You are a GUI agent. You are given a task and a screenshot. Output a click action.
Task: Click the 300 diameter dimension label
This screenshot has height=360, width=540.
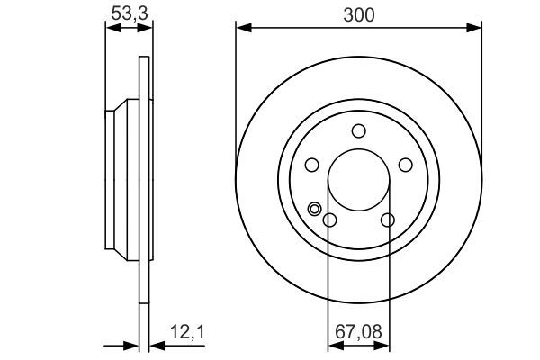pos(358,14)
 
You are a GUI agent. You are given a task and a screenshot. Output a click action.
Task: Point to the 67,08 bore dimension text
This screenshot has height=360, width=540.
pos(358,332)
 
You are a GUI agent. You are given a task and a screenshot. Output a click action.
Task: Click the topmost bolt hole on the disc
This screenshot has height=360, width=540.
pos(358,130)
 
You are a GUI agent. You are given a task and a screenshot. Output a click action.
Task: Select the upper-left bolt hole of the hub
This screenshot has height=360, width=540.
pos(312,165)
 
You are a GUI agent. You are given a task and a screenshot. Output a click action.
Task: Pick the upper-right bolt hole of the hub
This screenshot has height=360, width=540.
pos(405,165)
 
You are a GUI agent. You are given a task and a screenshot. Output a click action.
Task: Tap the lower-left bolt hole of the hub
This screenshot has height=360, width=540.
pos(329,220)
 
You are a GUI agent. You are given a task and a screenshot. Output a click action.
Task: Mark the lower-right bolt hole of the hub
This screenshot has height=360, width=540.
pos(388,220)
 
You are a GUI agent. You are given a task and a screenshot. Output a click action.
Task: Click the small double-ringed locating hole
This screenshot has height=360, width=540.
pos(314,209)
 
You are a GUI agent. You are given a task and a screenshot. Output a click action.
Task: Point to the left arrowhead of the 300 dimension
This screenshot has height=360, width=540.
pos(241,29)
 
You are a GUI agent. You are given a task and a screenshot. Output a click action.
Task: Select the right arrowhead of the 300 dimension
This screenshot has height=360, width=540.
pos(476,29)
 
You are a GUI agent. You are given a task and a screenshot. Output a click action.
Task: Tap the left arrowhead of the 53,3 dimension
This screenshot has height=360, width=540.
pos(111,29)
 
